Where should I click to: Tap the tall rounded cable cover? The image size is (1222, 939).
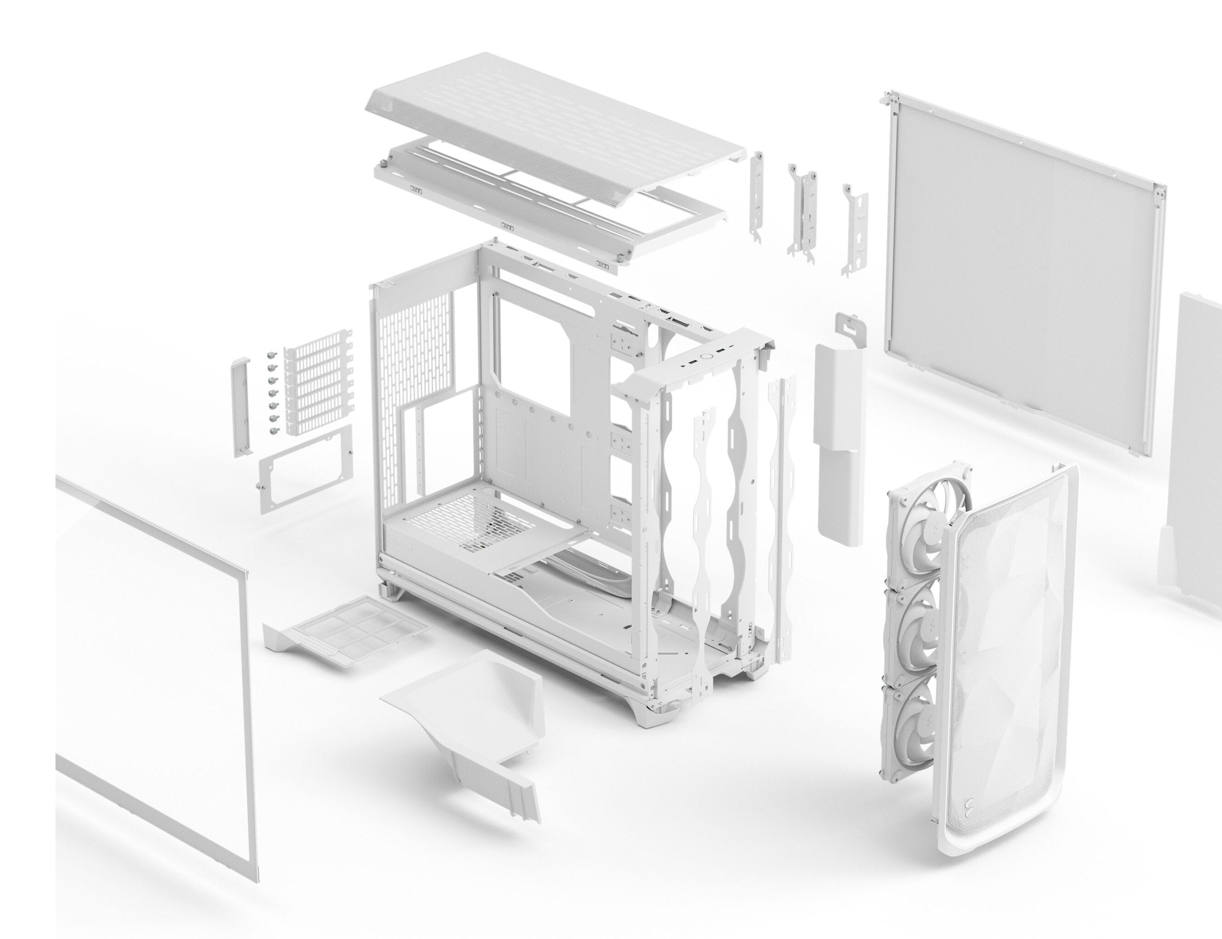tap(839, 442)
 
